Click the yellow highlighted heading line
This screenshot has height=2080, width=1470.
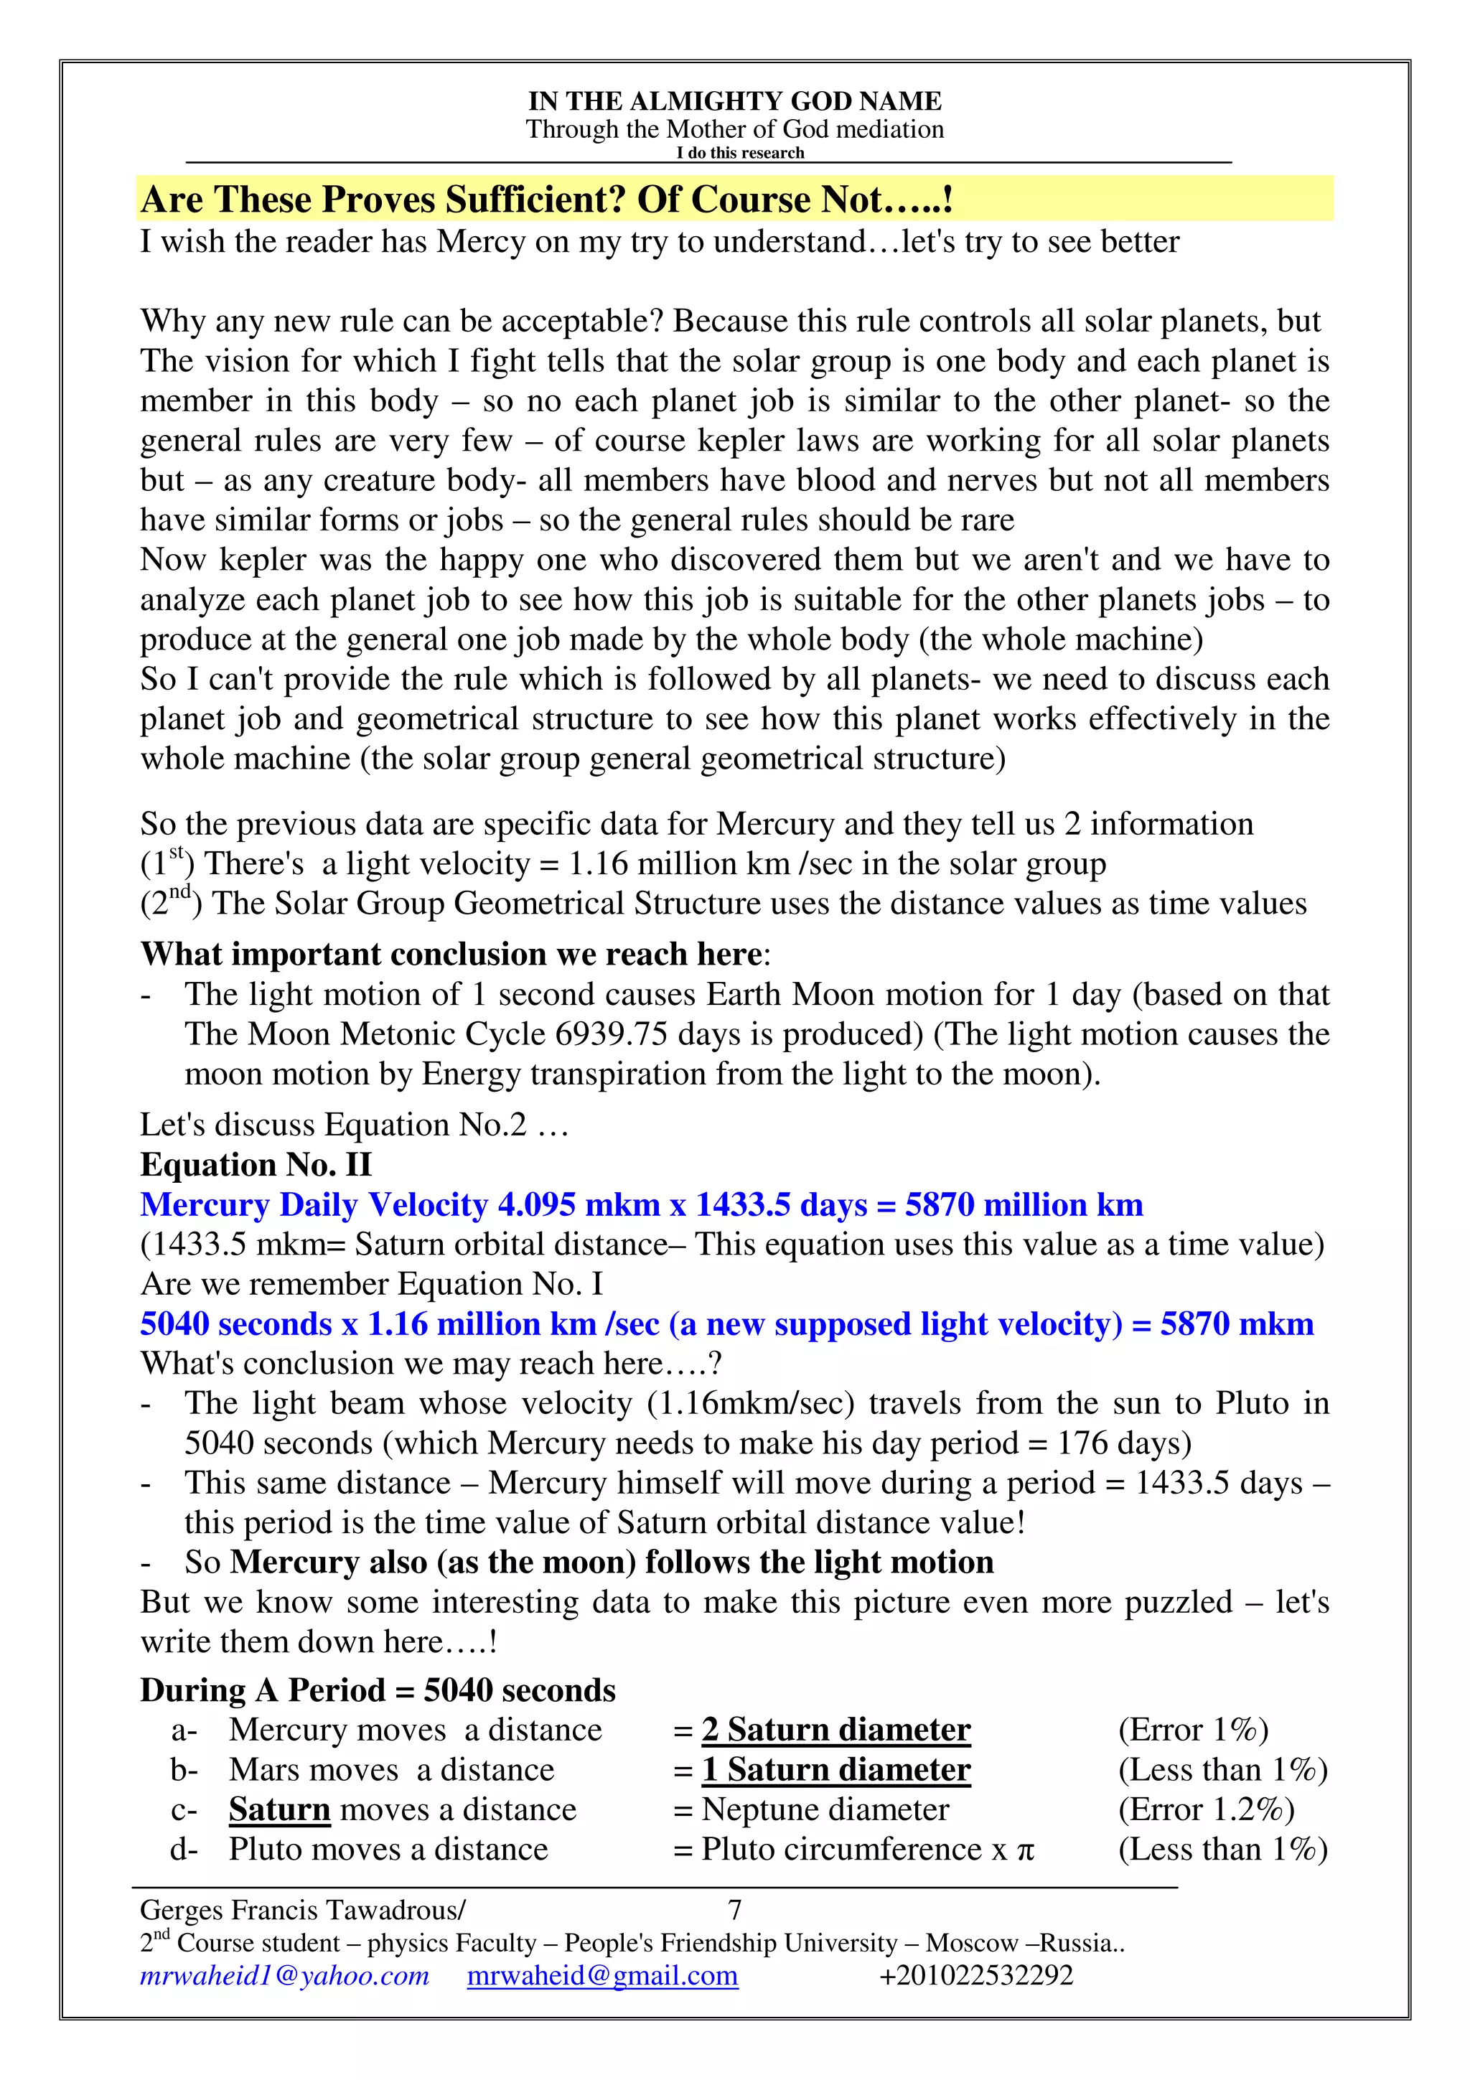pyautogui.click(x=547, y=200)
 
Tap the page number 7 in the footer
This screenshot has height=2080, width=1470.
pyautogui.click(x=734, y=1910)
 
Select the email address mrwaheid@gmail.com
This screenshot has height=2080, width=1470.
pyautogui.click(x=602, y=1975)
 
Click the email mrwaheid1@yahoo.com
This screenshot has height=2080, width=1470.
pyautogui.click(x=284, y=1975)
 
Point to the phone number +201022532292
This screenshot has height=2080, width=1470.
pyautogui.click(x=975, y=1975)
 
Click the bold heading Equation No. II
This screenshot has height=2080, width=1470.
pyautogui.click(x=256, y=1164)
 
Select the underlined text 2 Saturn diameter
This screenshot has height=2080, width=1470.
pyautogui.click(x=835, y=1730)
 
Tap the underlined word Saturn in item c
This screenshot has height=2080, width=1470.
pyautogui.click(x=279, y=1809)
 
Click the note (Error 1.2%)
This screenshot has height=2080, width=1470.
pyautogui.click(x=1206, y=1809)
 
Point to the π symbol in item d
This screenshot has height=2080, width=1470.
pyautogui.click(x=1024, y=1850)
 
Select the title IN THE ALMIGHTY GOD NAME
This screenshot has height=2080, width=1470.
pyautogui.click(x=734, y=100)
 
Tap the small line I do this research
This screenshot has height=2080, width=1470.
pyautogui.click(x=740, y=153)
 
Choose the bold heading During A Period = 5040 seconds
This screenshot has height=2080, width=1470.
pyautogui.click(x=378, y=1690)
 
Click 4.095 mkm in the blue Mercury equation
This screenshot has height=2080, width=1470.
pyautogui.click(x=579, y=1205)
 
